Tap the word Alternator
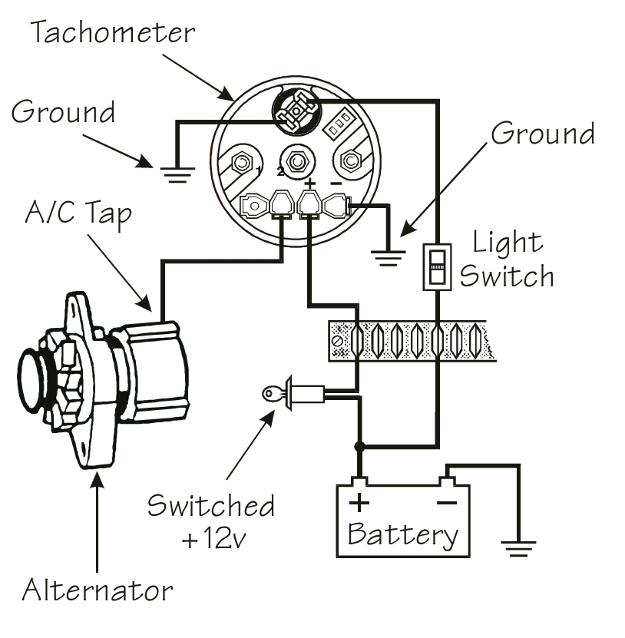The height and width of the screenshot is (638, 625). coord(98,590)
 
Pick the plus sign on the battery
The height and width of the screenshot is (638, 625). coord(359,504)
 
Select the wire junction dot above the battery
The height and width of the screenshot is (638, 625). coord(357,446)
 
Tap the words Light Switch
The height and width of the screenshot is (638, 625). coord(506,259)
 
